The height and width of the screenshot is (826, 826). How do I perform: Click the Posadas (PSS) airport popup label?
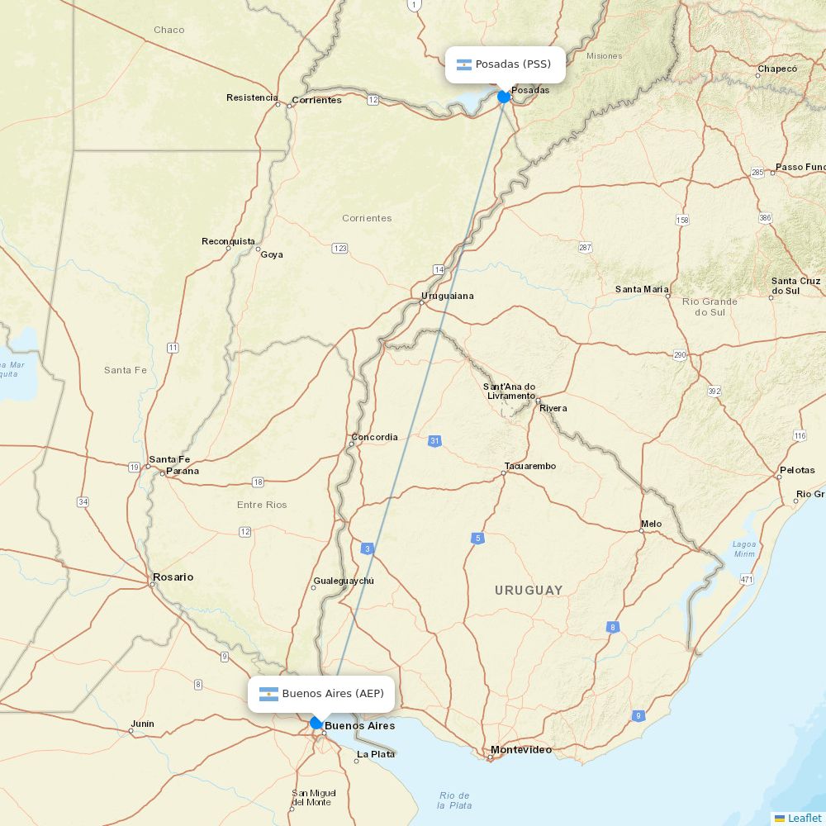506,64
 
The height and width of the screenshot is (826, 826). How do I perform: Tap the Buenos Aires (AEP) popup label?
321,694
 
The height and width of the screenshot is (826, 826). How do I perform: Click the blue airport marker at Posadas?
504,97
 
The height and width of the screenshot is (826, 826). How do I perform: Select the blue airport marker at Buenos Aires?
316,723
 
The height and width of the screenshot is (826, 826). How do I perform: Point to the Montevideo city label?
520,750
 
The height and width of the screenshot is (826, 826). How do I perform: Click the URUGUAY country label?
529,591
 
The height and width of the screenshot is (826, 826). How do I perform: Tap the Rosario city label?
173,577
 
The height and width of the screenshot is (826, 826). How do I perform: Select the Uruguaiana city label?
448,296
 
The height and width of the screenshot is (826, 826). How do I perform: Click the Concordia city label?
374,437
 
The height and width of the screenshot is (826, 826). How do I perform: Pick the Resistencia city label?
252,97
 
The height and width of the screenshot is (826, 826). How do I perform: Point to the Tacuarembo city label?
529,466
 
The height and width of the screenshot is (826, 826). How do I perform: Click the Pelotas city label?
796,470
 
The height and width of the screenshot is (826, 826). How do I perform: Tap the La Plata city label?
376,754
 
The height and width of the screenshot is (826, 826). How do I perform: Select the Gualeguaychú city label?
344,581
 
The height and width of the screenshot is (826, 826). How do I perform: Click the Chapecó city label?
777,69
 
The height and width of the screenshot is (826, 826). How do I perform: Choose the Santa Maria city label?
642,289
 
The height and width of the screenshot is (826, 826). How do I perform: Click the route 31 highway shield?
434,441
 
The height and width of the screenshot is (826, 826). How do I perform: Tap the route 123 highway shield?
339,248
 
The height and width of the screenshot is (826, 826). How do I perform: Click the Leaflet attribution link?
804,818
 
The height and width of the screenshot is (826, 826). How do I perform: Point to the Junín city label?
142,724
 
